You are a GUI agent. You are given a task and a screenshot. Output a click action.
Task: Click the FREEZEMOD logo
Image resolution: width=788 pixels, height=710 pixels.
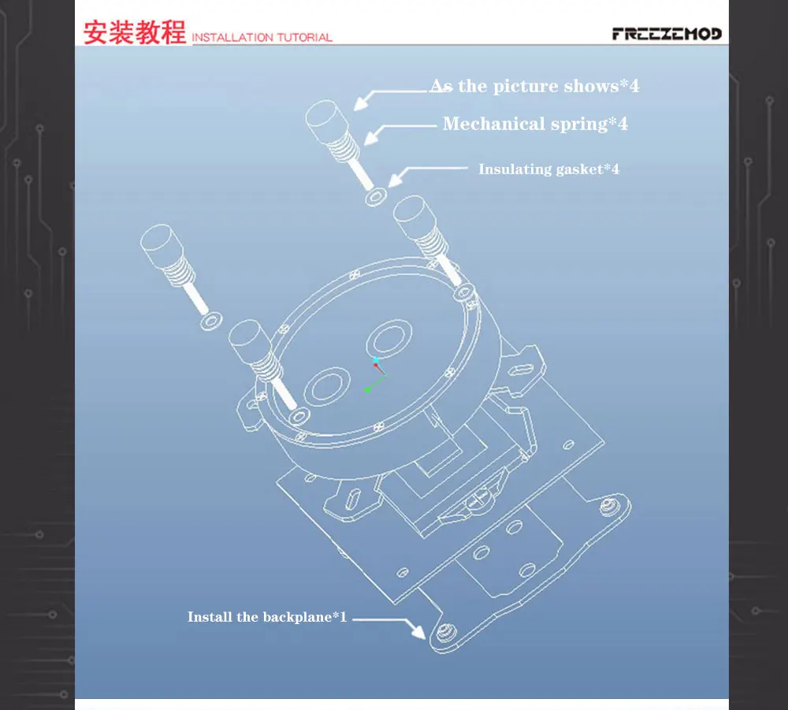coord(667,34)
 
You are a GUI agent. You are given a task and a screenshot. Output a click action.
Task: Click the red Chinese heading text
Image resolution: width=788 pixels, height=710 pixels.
coord(135,33)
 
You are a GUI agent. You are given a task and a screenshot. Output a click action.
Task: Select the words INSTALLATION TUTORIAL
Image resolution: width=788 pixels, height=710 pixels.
coord(262,37)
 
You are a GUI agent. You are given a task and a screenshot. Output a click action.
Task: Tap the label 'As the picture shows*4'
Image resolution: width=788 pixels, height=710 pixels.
coord(534,86)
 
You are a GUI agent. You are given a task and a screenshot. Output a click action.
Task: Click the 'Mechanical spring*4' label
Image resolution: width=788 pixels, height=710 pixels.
coord(535,124)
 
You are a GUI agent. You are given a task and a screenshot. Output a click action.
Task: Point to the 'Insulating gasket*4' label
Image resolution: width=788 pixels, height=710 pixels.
coord(548,169)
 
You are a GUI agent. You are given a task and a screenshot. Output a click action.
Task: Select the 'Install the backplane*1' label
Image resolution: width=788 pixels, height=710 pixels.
coord(267,616)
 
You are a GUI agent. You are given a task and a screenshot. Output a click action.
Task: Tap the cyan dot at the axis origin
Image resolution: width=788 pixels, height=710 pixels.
coord(376,360)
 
